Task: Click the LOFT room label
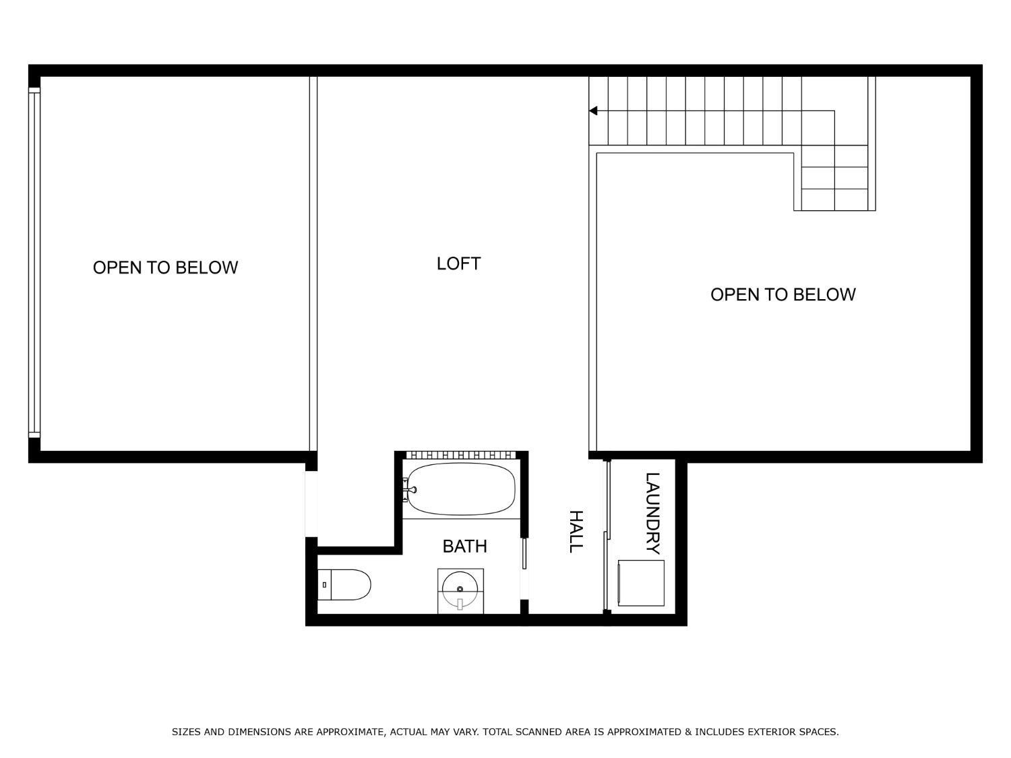click(x=458, y=263)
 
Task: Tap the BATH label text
click(x=464, y=546)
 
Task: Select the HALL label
click(x=576, y=532)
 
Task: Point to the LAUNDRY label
click(x=652, y=513)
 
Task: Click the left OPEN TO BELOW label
click(x=165, y=267)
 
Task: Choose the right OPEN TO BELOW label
click(x=783, y=294)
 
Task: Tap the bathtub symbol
click(x=462, y=489)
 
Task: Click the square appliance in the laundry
click(x=641, y=583)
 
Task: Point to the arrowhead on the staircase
click(x=593, y=110)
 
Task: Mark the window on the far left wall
click(x=34, y=263)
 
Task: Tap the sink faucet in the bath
click(x=460, y=603)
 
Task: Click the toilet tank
click(x=324, y=584)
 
